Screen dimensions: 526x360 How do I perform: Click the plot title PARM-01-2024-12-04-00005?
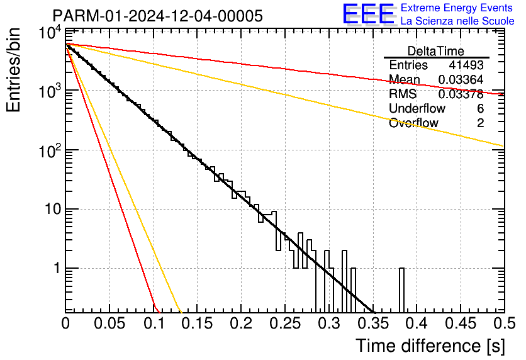158,16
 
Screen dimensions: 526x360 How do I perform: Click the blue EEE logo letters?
368,14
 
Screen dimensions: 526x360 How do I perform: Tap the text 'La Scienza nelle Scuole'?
457,21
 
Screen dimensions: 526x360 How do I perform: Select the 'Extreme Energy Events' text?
457,8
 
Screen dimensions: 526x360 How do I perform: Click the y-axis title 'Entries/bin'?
14,70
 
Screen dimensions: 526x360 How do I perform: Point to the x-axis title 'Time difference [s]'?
430,346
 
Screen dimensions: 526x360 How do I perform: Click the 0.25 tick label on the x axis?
285,323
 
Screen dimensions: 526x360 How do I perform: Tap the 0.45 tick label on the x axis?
461,323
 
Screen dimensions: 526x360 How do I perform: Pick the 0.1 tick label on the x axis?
154,323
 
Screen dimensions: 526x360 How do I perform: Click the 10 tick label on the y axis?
53,210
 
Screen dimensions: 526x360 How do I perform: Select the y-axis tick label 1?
57,268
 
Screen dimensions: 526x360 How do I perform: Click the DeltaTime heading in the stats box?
436,51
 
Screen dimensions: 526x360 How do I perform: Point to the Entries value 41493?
466,65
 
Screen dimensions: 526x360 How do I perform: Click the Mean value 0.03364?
461,79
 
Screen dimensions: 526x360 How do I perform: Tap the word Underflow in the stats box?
417,108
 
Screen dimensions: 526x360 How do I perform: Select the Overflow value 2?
480,123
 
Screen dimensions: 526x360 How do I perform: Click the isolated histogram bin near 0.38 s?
401,290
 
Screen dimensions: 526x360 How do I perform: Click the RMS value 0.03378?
461,94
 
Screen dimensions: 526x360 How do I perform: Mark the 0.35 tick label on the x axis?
372,323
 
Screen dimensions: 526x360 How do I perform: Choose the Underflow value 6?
480,108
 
